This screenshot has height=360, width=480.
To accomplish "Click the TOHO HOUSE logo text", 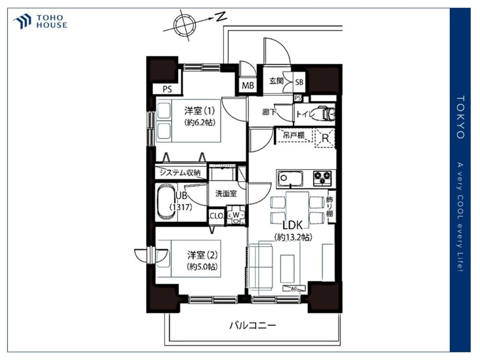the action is coord(52,22).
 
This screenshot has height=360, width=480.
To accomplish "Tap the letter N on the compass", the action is coord(220,17).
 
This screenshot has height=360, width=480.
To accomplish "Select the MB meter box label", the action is coord(248,85).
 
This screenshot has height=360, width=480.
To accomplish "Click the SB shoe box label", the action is coord(299,82).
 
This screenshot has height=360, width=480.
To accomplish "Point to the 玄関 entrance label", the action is coord(276,81).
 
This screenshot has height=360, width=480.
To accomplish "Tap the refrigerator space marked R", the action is coord(325,138).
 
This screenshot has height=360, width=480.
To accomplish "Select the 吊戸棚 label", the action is coord(293,135).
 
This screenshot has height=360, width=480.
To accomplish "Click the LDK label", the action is coord(292,225).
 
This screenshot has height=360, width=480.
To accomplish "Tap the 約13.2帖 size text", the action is coord(293,237).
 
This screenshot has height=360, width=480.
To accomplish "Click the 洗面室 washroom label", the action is coord(226,193).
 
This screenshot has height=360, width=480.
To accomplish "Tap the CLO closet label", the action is coord(216,216).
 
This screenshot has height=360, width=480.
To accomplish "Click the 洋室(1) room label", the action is coord(199,111).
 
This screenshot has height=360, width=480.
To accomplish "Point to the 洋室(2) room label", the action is coord(203,255).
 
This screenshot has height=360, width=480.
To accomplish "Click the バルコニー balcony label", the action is coord(253,325).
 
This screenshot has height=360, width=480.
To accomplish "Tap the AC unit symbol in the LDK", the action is coord(294,288).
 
